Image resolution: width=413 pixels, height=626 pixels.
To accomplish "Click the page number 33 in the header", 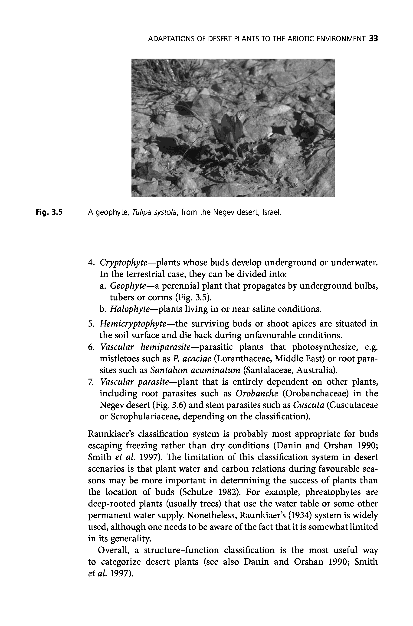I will [374, 39].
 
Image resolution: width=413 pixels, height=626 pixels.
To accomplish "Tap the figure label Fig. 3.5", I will [49, 212].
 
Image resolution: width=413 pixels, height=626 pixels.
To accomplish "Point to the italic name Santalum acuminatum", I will [195, 370].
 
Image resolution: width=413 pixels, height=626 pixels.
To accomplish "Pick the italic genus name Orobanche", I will [257, 393].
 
